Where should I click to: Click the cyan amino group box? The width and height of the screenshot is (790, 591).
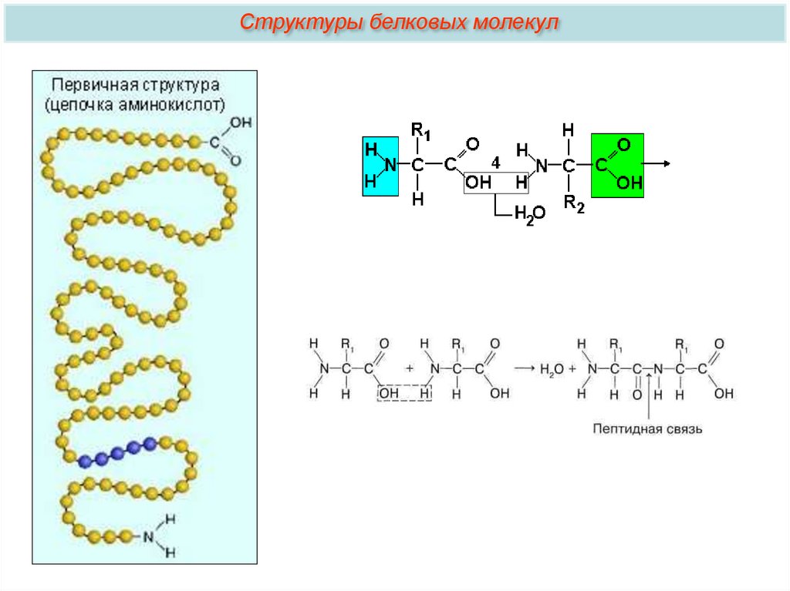[380, 166]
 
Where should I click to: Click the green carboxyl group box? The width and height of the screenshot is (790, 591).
[616, 165]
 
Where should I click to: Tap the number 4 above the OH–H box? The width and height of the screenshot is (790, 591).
[495, 163]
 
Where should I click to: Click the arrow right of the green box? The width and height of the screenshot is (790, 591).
[657, 164]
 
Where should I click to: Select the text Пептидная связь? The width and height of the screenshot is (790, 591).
[647, 428]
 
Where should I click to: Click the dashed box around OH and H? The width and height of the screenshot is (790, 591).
[403, 393]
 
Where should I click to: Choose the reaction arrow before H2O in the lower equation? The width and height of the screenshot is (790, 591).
[524, 369]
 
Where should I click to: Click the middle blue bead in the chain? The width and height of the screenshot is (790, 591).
[116, 453]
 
